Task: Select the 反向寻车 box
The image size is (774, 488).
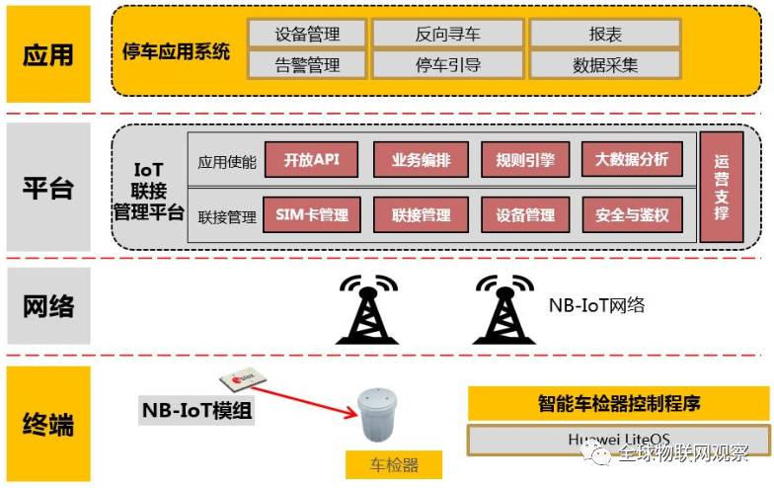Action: (x=447, y=34)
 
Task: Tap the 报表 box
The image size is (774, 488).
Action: (x=604, y=34)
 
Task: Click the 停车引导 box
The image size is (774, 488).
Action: (x=447, y=65)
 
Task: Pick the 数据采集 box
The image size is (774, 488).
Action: (x=604, y=65)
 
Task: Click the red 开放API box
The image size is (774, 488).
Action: (x=311, y=160)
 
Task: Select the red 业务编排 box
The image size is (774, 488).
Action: (x=422, y=160)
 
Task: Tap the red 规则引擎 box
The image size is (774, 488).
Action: (x=525, y=160)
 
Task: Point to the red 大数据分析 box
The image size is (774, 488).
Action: (x=632, y=160)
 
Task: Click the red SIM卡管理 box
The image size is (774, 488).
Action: (x=311, y=214)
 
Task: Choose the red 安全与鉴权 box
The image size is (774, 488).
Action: (x=632, y=214)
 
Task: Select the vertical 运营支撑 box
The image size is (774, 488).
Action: (x=721, y=187)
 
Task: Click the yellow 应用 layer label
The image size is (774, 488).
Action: (x=48, y=53)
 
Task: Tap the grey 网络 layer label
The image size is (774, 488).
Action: (x=48, y=305)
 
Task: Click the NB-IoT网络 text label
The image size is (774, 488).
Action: (x=596, y=305)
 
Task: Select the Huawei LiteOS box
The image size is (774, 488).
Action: (x=618, y=438)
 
